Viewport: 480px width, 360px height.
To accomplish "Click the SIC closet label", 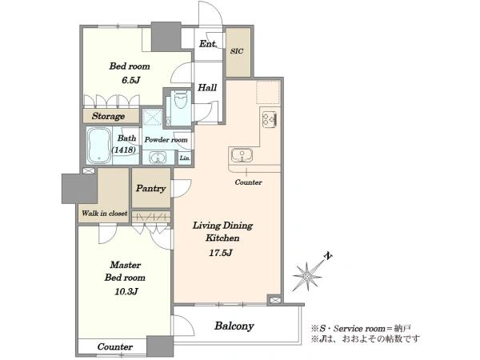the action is (237, 51).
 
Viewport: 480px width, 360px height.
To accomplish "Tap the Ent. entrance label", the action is (208, 44).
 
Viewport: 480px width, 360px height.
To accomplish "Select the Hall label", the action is (207, 88).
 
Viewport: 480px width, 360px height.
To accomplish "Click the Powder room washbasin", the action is (158, 158).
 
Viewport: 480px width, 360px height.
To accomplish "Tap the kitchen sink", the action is (242, 155).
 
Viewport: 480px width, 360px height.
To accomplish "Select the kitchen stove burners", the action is (270, 119).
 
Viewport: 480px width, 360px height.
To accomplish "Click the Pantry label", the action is (151, 188).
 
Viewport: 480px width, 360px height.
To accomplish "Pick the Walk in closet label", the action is (104, 214).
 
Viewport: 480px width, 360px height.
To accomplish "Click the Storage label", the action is (108, 116).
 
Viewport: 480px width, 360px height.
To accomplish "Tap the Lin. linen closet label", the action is (185, 158).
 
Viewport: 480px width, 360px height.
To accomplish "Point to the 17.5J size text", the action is (221, 253).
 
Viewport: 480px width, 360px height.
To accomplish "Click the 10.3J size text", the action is (126, 291).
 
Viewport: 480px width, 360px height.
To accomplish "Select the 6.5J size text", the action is (130, 80).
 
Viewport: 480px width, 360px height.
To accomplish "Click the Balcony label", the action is (234, 326).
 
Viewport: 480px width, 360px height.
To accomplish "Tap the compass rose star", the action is (306, 276).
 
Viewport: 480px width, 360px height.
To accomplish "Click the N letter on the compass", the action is (328, 256).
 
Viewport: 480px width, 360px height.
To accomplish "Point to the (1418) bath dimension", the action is (124, 150).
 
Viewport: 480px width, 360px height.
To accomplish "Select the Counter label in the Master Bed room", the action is (115, 347).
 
